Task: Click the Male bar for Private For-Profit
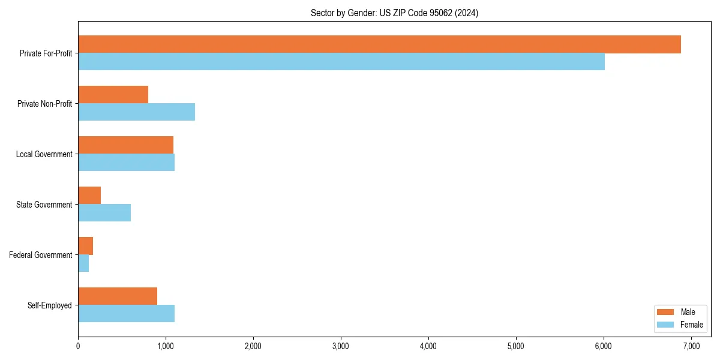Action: point(379,44)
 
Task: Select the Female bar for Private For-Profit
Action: point(341,62)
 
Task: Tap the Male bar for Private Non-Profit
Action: point(113,95)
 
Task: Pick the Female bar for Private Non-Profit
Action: point(136,112)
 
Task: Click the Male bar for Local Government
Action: point(125,145)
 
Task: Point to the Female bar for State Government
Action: point(104,213)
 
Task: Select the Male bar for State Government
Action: point(89,196)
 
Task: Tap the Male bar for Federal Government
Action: point(85,246)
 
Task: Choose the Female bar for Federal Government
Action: point(83,263)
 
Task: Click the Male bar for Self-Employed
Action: point(118,296)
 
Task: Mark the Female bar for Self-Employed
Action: point(126,314)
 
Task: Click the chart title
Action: point(394,13)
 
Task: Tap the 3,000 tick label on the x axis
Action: point(341,346)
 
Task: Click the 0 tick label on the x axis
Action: point(78,346)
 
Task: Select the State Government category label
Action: point(44,205)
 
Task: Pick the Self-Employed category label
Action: point(49,305)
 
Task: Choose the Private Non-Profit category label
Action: point(44,104)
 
